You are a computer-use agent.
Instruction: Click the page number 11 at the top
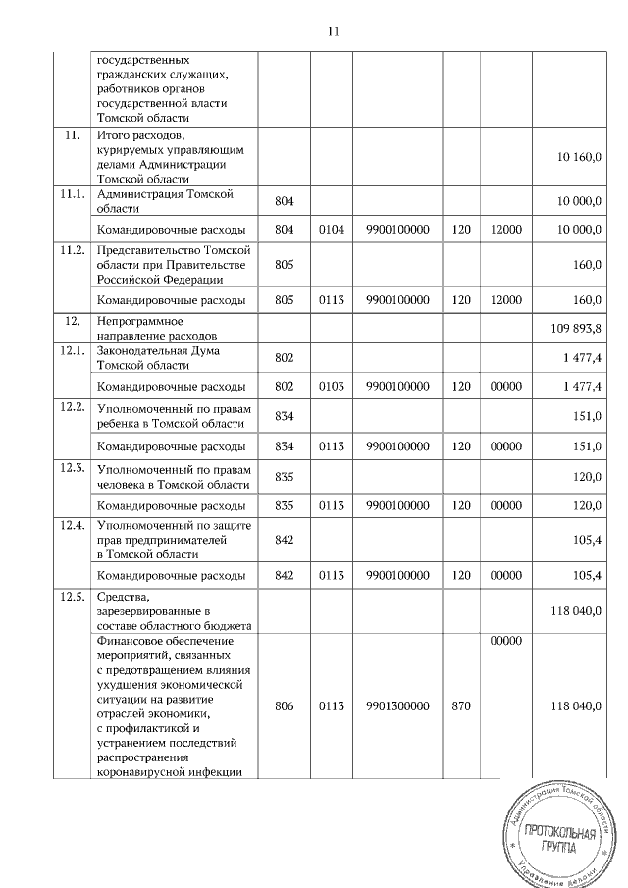(332, 31)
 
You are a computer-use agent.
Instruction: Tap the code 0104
(335, 229)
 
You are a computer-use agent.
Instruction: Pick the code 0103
(335, 387)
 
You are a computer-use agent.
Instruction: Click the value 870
(461, 705)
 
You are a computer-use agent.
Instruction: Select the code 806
(285, 705)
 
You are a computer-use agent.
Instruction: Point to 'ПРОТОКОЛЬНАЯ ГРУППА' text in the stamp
(559, 840)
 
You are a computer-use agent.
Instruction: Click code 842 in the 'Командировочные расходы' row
(285, 574)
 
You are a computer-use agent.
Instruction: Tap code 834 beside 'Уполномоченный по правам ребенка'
(285, 416)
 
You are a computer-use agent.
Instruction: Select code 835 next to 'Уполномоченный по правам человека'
(285, 476)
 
